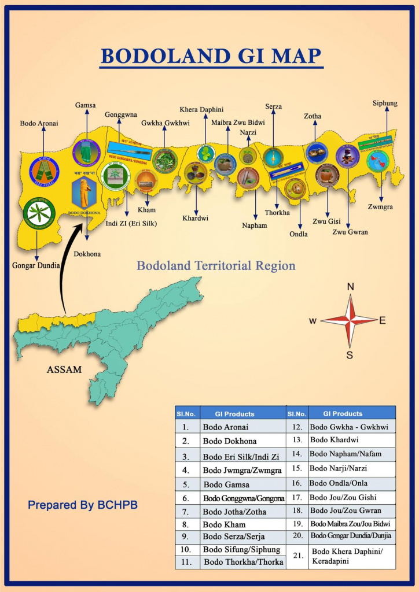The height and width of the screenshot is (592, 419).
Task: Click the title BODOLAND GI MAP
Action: click(211, 56)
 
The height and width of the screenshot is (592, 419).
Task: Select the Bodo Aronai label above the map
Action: click(39, 123)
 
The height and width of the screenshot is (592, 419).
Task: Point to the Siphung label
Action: click(385, 103)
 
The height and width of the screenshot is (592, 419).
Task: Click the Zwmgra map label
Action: click(381, 206)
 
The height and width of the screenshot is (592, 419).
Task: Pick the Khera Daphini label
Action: click(201, 110)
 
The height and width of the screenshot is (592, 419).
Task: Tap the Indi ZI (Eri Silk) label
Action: click(130, 223)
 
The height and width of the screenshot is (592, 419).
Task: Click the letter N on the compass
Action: click(350, 287)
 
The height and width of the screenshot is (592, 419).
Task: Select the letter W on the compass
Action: click(313, 321)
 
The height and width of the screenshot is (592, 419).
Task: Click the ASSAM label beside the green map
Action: click(64, 369)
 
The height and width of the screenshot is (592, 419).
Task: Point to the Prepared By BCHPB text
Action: click(83, 505)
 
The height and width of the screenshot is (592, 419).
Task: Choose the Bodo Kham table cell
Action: click(224, 524)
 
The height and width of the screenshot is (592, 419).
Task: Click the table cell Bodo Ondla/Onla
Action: click(338, 483)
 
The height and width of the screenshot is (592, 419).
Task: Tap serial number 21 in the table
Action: click(297, 556)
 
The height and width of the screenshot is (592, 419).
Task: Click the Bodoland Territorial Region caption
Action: click(216, 266)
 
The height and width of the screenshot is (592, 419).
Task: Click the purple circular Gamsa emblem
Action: click(86, 153)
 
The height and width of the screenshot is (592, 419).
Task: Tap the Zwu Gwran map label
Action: click(350, 232)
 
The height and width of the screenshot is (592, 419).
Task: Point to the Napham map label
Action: click(255, 225)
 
